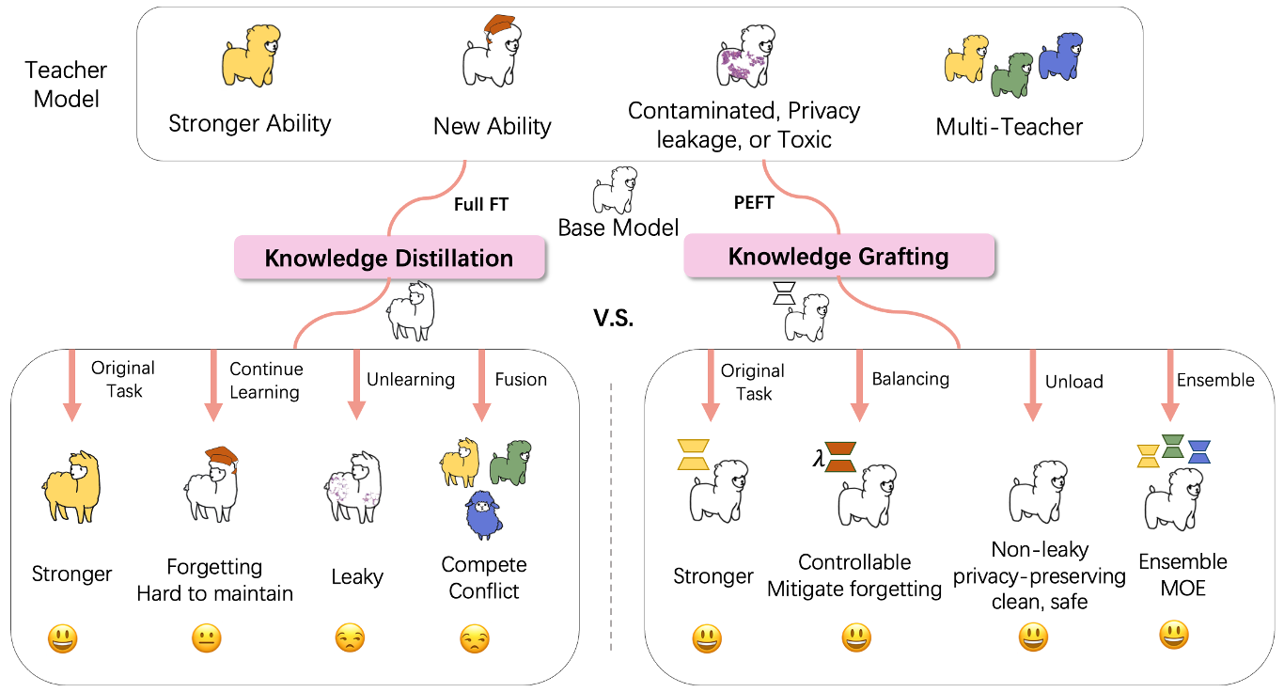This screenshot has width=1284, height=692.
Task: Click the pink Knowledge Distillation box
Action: pos(389,258)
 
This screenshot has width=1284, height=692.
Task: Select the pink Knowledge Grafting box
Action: pos(838,256)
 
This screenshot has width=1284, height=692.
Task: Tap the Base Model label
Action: pos(618,228)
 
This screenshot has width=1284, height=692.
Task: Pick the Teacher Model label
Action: pos(66,84)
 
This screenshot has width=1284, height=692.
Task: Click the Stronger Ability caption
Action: pos(249,123)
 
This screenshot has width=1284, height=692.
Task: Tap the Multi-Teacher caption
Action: pos(1009,127)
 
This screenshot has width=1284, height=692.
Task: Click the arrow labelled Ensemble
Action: pos(1168,385)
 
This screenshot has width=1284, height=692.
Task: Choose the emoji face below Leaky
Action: pos(350,638)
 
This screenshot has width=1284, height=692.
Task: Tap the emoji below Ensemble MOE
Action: pos(1173,636)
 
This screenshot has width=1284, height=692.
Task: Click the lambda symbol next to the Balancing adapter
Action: pos(817,460)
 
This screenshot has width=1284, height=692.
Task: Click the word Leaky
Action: pos(356,576)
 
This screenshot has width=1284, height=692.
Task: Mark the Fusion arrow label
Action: pos(521,379)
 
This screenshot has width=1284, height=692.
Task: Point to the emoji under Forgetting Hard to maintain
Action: pos(206,639)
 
